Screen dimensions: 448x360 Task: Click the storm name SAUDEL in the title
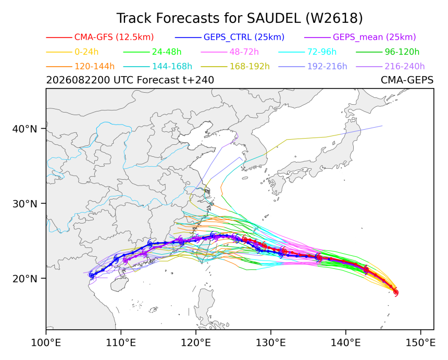point(273,18)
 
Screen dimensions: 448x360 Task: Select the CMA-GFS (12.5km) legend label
point(114,37)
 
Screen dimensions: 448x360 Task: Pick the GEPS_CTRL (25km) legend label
point(244,37)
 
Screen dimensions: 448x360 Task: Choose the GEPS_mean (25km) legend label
point(374,37)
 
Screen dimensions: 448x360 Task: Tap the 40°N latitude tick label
point(25,129)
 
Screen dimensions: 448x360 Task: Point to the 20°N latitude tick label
point(25,279)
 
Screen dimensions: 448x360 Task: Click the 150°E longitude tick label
point(420,343)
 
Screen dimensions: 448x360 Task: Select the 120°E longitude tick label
point(196,343)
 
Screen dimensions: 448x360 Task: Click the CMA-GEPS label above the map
point(407,80)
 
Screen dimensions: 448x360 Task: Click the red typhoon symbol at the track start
point(396,292)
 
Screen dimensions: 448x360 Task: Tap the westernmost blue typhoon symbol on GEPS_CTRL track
point(92,275)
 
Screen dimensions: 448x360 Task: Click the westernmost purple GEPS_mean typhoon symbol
point(125,260)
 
